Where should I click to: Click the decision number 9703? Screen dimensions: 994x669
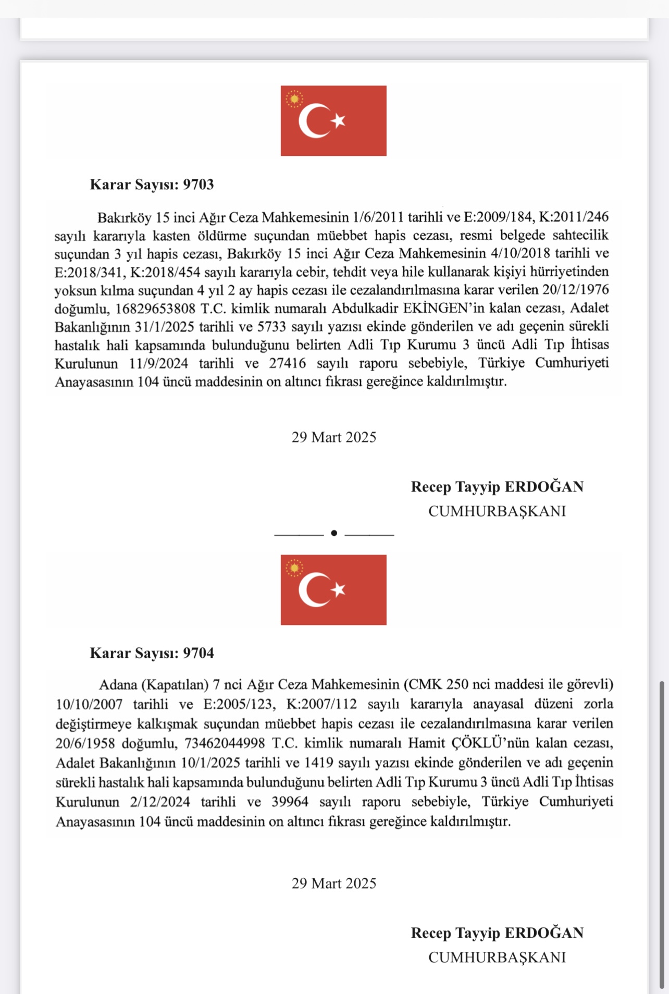pyautogui.click(x=198, y=185)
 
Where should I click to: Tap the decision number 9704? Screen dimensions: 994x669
pyautogui.click(x=198, y=653)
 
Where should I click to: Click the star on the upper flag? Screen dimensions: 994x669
pyautogui.click(x=339, y=120)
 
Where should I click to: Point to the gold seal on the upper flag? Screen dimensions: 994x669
pyautogui.click(x=294, y=99)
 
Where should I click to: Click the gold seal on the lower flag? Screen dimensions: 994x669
pyautogui.click(x=294, y=568)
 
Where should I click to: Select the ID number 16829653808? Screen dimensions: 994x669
pyautogui.click(x=155, y=309)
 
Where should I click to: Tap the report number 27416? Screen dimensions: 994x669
pyautogui.click(x=287, y=363)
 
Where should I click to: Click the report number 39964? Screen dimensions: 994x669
pyautogui.click(x=290, y=802)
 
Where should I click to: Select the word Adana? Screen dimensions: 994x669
pyautogui.click(x=118, y=684)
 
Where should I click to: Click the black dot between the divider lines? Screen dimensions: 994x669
pyautogui.click(x=334, y=533)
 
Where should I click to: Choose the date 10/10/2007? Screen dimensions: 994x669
pyautogui.click(x=89, y=704)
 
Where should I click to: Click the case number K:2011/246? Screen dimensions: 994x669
pyautogui.click(x=573, y=217)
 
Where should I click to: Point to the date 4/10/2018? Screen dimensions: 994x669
pyautogui.click(x=521, y=253)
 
